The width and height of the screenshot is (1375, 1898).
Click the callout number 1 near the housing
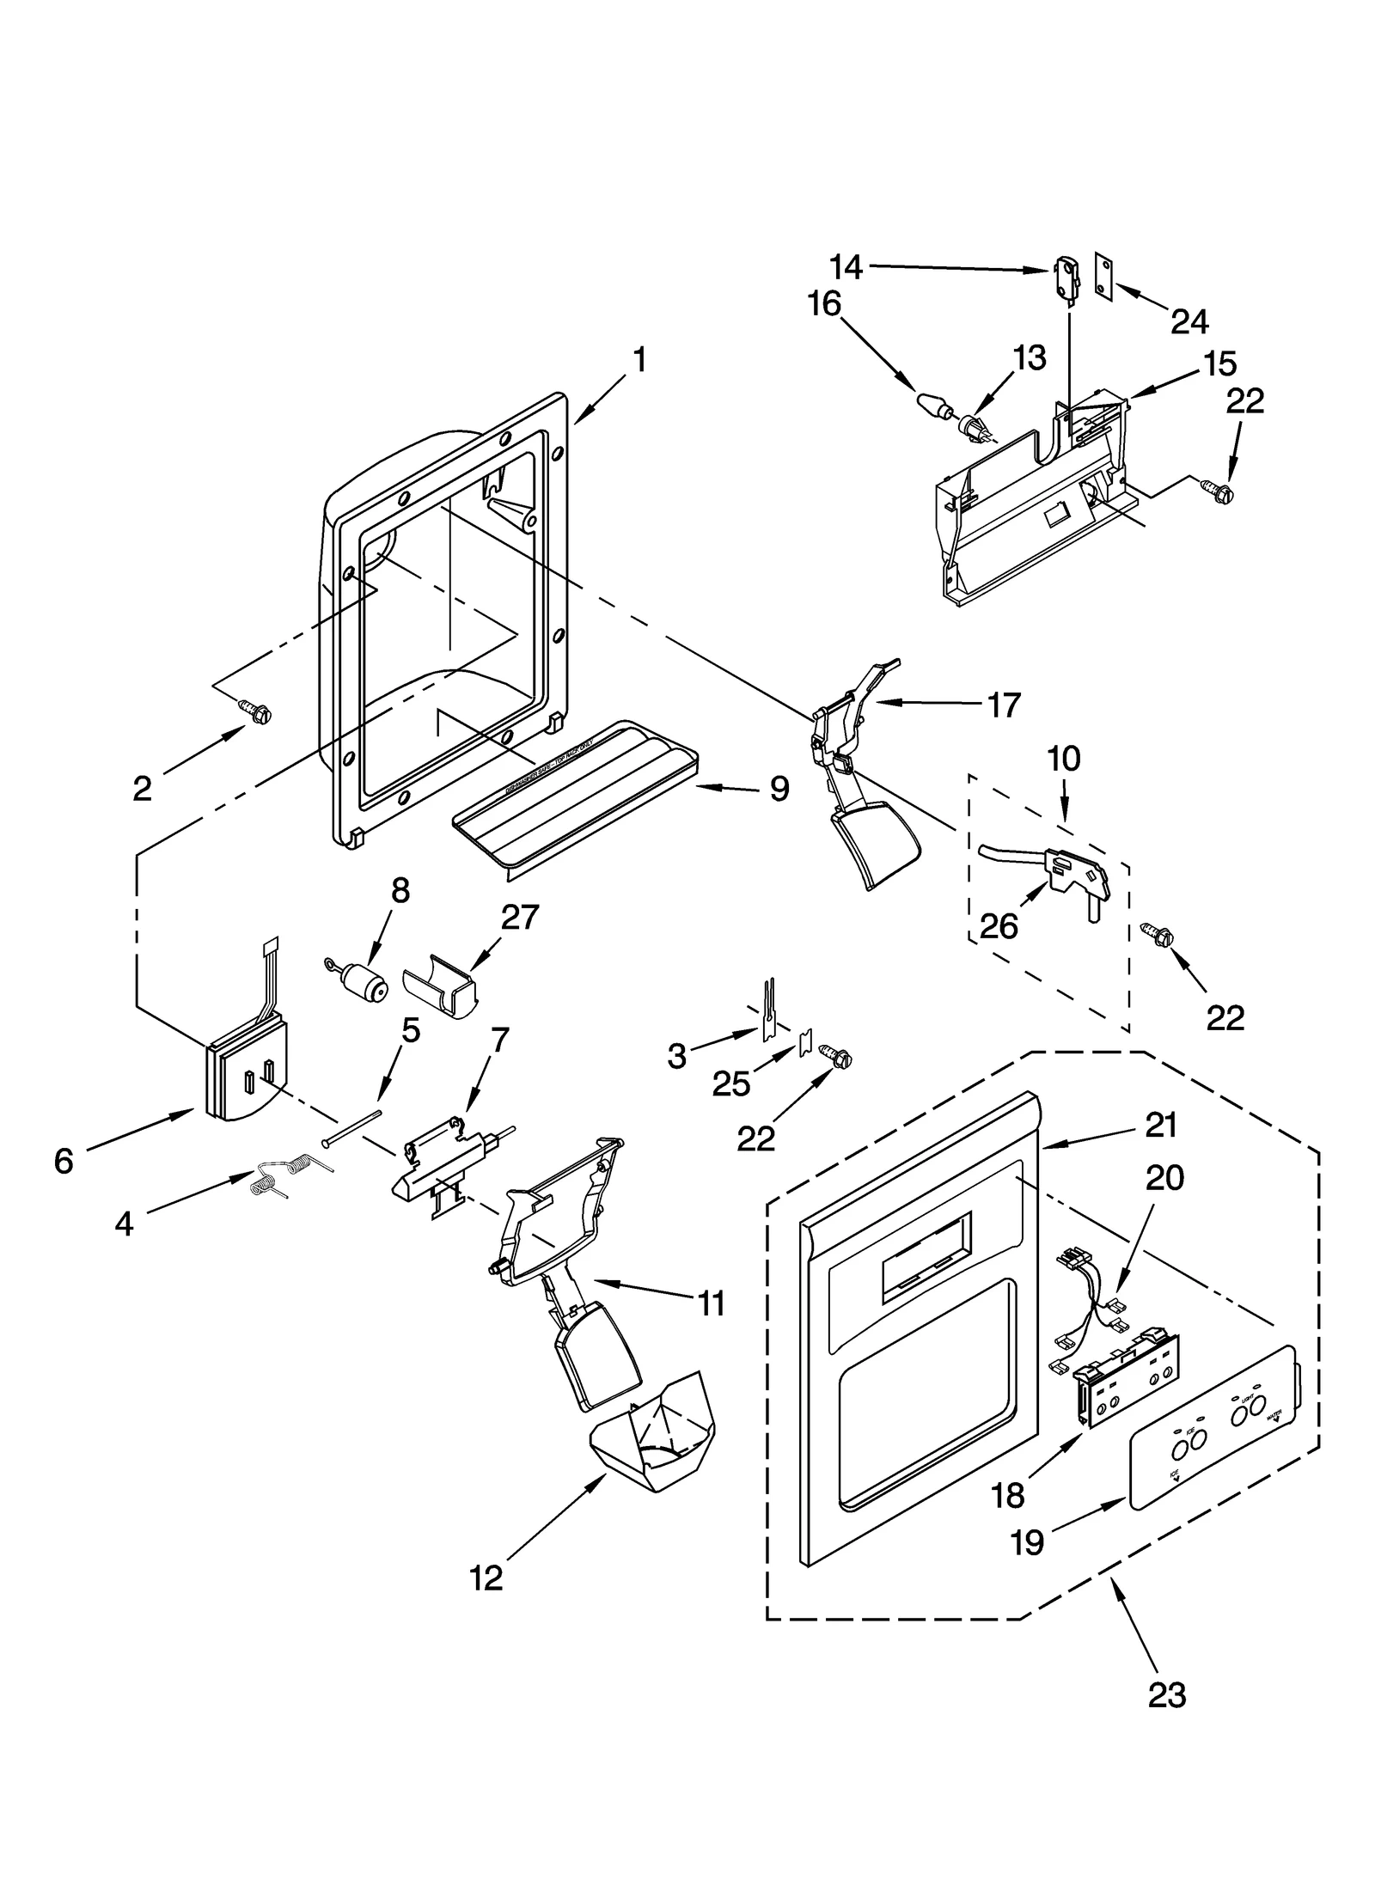point(639,361)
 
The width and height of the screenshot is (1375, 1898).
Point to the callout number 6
point(64,1162)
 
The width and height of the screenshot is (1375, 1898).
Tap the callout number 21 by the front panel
point(1160,1125)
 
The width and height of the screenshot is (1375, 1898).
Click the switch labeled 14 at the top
point(1066,279)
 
